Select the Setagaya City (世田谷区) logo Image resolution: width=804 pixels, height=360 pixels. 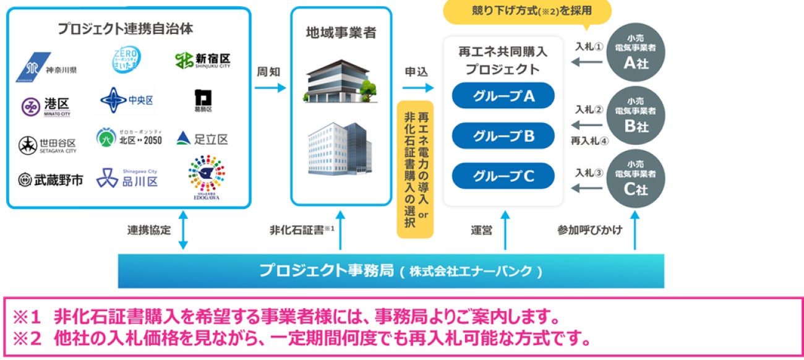tap(48, 145)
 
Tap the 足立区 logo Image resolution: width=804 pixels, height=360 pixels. tap(202, 139)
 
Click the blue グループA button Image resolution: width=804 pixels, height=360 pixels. tap(503, 96)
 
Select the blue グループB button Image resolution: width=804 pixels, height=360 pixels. tap(503, 136)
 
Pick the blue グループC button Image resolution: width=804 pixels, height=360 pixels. tap(503, 176)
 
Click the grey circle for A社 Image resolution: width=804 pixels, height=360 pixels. tap(636, 54)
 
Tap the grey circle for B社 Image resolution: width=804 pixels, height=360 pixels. tap(636, 118)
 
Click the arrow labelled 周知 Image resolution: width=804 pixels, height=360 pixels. tap(270, 88)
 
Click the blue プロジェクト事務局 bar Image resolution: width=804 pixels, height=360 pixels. tap(391, 271)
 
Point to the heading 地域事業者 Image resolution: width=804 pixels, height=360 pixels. tap(341, 33)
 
